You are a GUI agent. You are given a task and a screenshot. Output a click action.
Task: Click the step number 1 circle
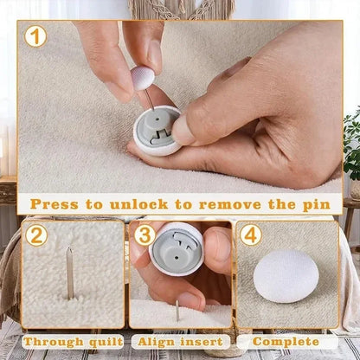point(35,37)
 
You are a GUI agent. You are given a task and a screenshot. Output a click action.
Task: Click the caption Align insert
point(180,342)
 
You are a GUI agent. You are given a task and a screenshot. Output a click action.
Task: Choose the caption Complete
point(285,342)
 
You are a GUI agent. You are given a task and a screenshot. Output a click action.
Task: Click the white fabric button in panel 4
point(286,281)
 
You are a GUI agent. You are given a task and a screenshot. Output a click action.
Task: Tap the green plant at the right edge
point(351,143)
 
